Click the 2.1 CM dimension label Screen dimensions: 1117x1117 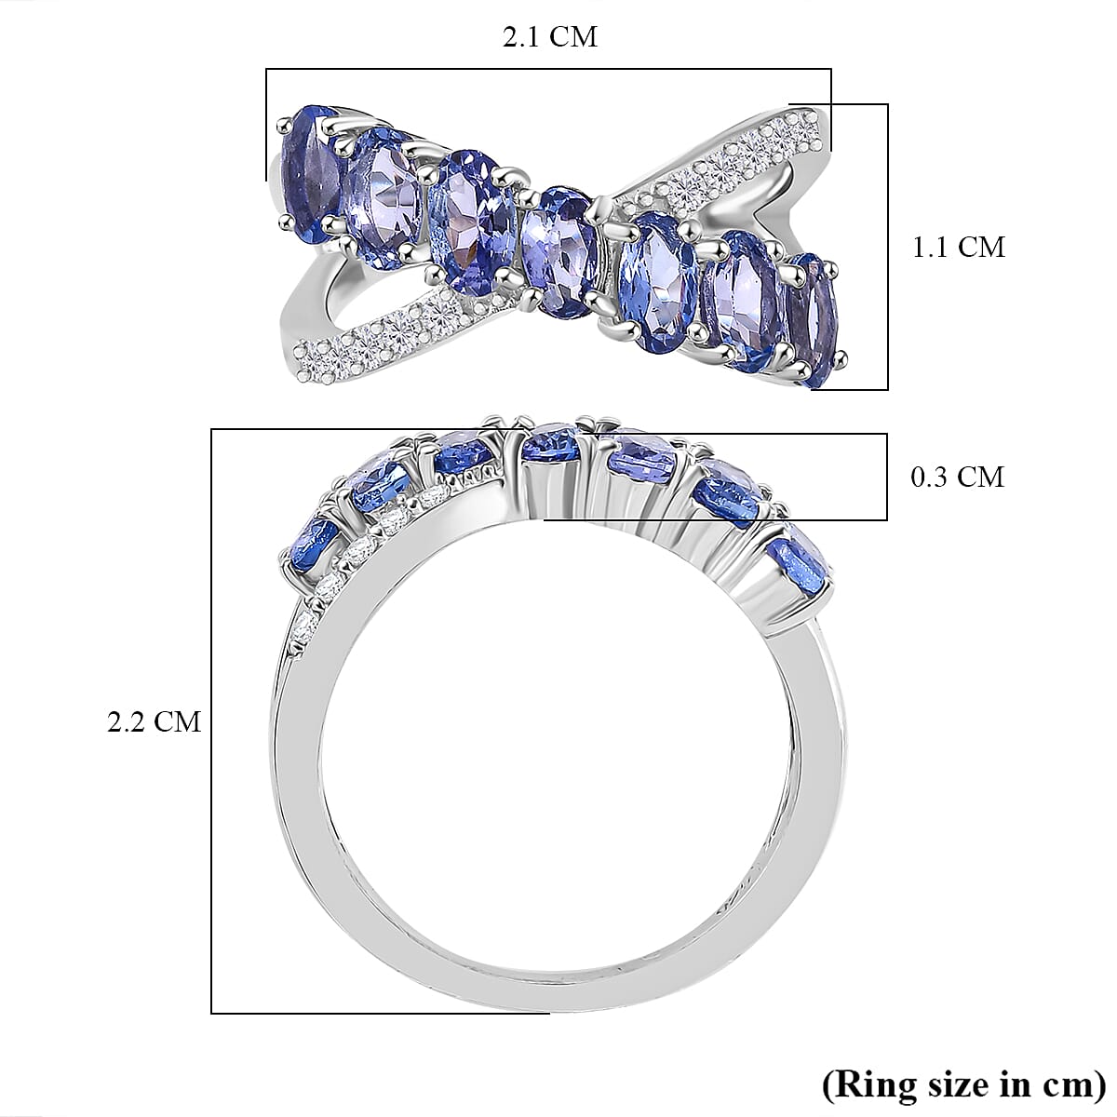pos(549,37)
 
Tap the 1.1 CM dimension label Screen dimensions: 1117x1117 pos(958,247)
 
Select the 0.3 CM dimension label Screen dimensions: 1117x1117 pos(957,477)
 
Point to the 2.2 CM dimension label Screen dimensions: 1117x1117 pos(155,721)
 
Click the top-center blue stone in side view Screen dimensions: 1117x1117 pos(551,443)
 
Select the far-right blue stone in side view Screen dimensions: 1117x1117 pos(801,563)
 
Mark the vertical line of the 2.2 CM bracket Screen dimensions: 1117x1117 pos(212,721)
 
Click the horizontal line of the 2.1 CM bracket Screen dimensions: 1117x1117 pos(549,69)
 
